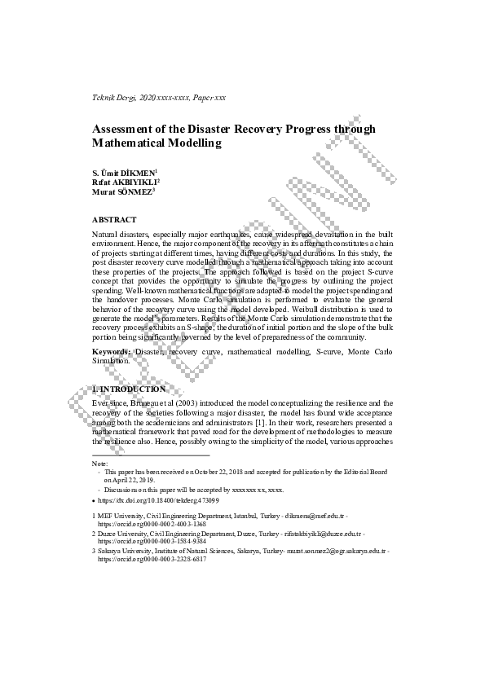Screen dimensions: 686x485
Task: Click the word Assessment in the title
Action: [x=126, y=129]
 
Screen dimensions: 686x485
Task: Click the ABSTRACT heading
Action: [x=114, y=220]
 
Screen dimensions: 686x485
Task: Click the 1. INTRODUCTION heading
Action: [x=130, y=389]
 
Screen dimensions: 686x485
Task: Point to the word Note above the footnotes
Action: [x=100, y=463]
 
